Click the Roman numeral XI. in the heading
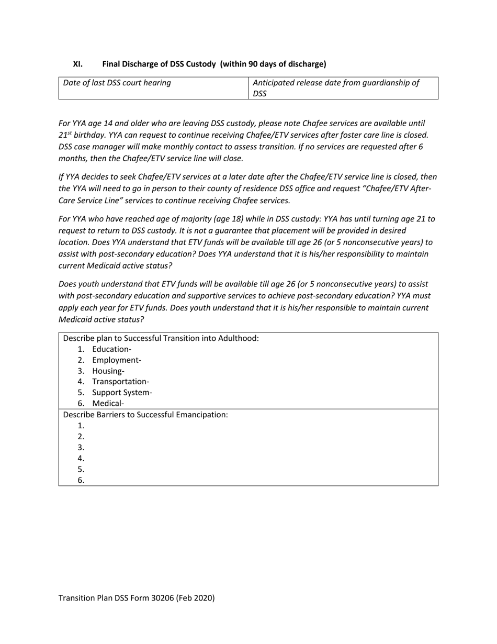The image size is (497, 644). point(77,64)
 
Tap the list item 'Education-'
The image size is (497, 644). point(111,349)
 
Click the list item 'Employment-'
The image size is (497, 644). point(117,360)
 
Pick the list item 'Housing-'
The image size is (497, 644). point(108,371)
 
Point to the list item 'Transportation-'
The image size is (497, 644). point(120,382)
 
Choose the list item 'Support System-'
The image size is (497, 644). point(122,393)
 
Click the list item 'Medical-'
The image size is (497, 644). point(108,404)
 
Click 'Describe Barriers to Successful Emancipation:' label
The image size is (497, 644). point(145,415)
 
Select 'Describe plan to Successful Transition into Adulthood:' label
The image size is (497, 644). point(161,338)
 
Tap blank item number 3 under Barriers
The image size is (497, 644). point(81,448)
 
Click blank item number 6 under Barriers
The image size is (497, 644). point(81,480)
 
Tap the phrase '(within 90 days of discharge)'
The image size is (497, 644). point(273,64)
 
